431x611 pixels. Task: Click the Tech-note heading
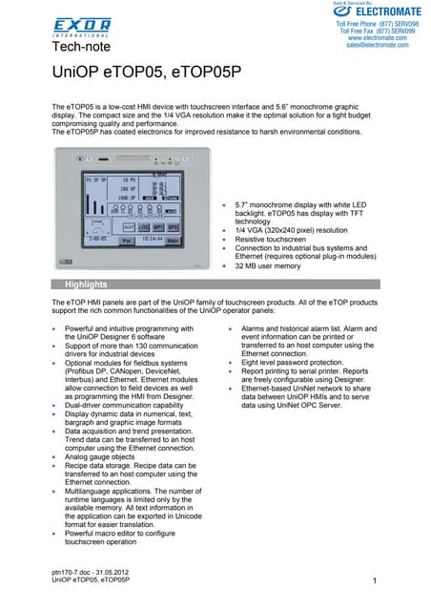(x=80, y=46)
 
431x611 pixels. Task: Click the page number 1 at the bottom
(x=376, y=581)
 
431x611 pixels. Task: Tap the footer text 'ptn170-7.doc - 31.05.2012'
(x=94, y=571)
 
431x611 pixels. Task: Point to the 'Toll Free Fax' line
(x=370, y=31)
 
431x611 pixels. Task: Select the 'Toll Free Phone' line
(x=370, y=23)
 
